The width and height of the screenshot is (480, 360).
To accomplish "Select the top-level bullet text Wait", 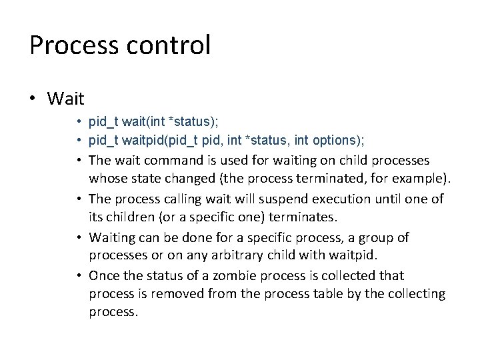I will tap(66, 99).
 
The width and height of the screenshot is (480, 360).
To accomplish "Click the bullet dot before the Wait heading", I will tap(33, 99).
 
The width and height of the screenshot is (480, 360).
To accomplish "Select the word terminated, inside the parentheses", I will tap(323, 179).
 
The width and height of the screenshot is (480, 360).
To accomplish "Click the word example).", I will tap(423, 179).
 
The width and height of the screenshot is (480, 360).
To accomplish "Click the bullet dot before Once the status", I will tap(79, 275).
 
